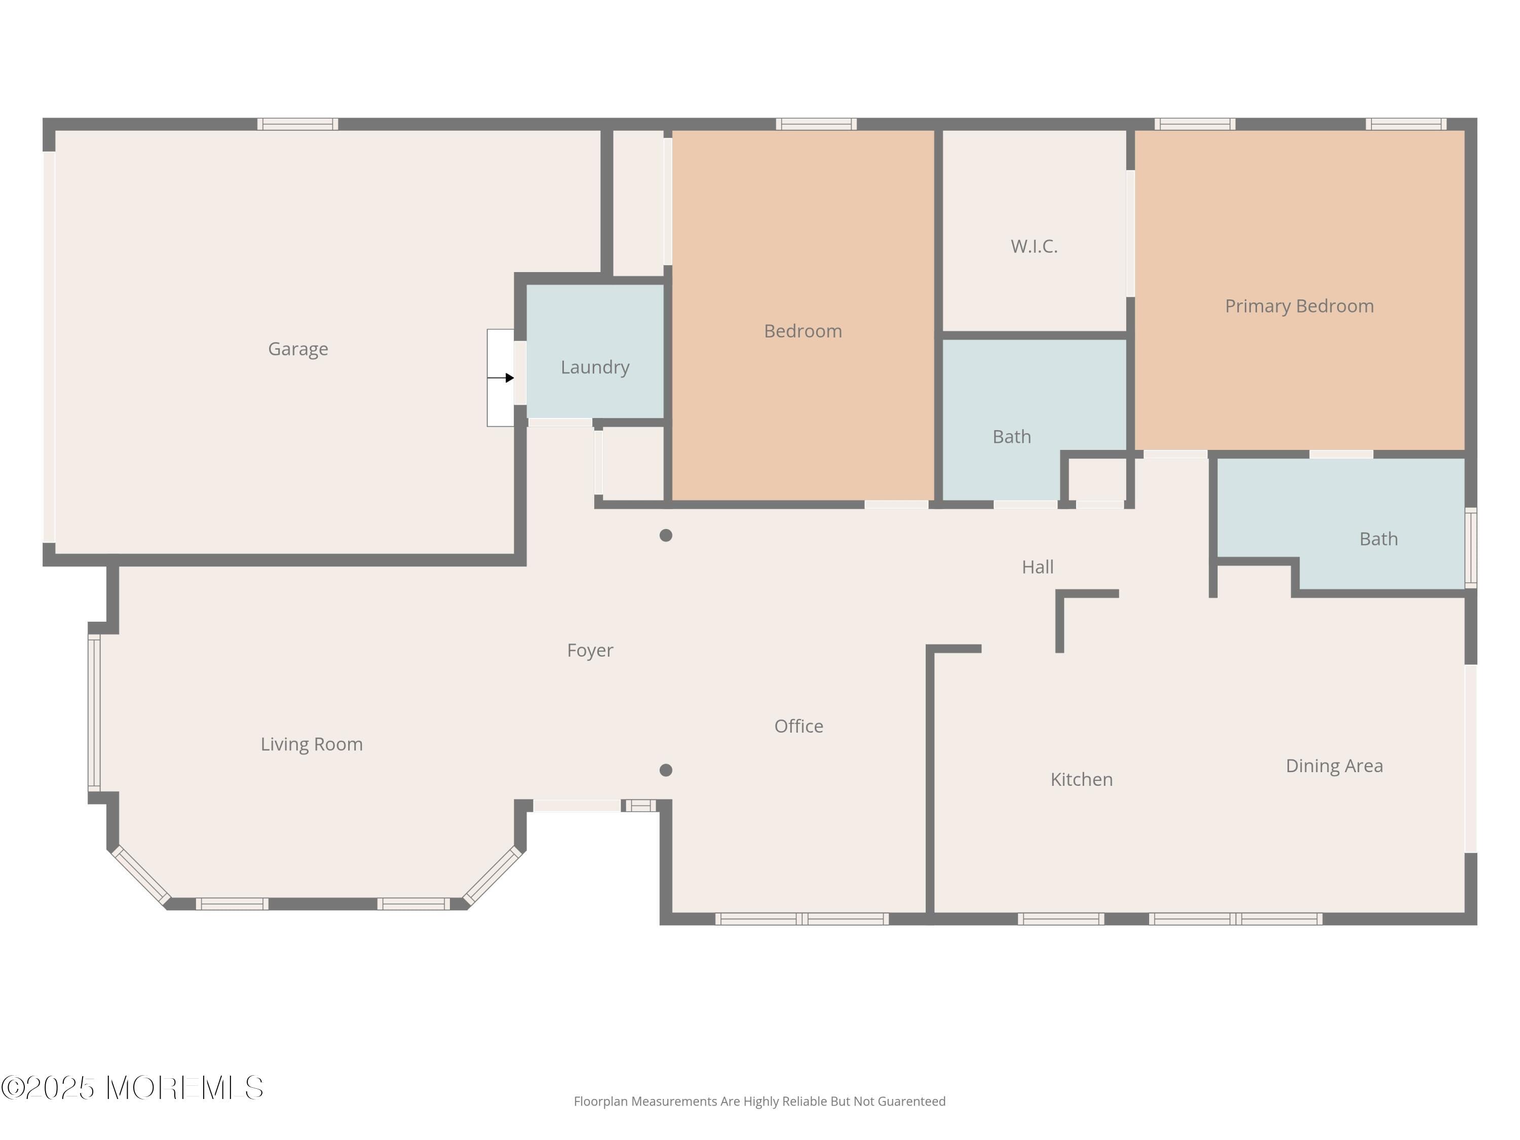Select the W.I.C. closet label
[x=1034, y=246]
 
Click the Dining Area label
[x=1334, y=766]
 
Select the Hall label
[x=1037, y=567]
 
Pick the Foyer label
[x=590, y=650]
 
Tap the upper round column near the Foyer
[x=665, y=536]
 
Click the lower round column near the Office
[x=665, y=770]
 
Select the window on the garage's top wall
[x=297, y=124]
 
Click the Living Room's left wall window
[x=94, y=712]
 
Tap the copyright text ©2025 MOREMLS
[x=132, y=1088]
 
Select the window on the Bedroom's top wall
[x=816, y=124]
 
